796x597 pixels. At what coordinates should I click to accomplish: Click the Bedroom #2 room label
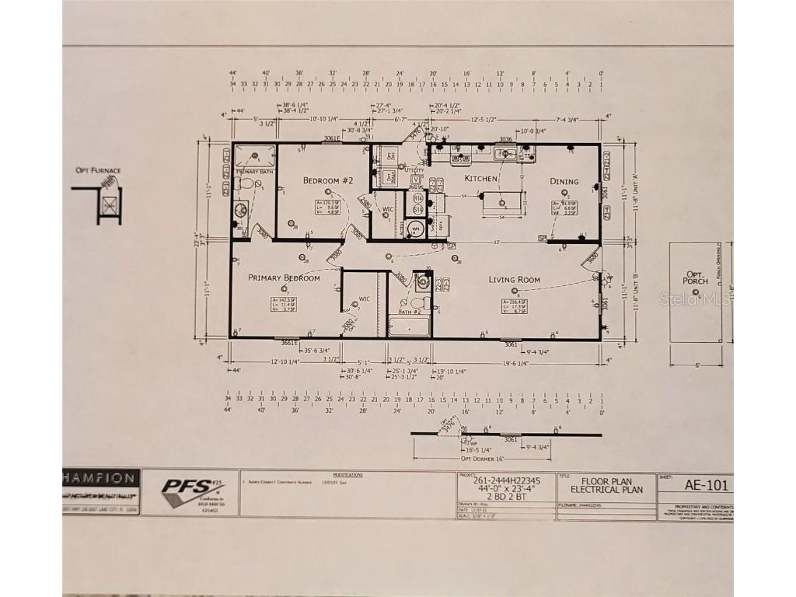pyautogui.click(x=328, y=180)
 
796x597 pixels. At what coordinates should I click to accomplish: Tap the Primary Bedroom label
pyautogui.click(x=284, y=278)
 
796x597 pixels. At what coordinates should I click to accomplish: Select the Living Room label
pyautogui.click(x=514, y=280)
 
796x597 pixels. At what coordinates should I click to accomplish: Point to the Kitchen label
pyautogui.click(x=480, y=179)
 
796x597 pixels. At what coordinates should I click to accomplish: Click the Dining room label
pyautogui.click(x=564, y=182)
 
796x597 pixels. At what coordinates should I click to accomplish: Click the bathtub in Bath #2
pyautogui.click(x=409, y=326)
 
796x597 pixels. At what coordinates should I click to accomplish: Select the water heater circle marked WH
pyautogui.click(x=416, y=229)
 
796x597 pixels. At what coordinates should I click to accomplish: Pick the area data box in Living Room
pyautogui.click(x=515, y=306)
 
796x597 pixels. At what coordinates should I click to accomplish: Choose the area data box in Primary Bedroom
pyautogui.click(x=282, y=305)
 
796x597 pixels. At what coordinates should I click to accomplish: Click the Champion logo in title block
pyautogui.click(x=101, y=479)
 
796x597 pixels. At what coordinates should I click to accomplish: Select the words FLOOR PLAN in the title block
pyautogui.click(x=605, y=481)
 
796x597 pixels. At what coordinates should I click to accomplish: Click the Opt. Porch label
pyautogui.click(x=696, y=278)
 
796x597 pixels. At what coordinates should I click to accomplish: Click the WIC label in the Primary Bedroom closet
pyautogui.click(x=363, y=298)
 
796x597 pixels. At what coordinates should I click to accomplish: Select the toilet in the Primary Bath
pyautogui.click(x=246, y=184)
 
